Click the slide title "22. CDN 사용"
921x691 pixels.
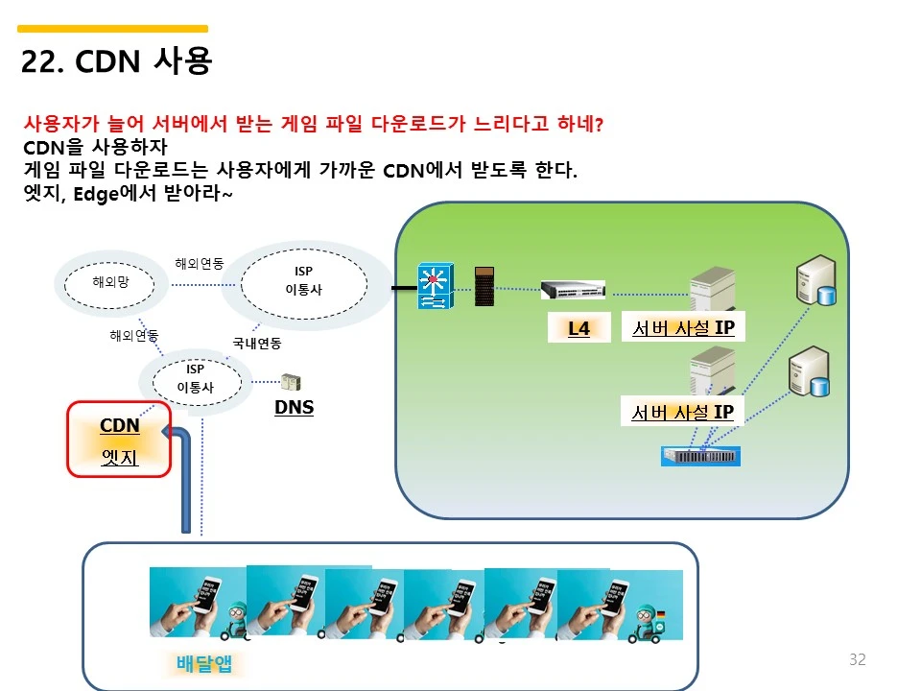pos(116,61)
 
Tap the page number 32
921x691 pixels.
pos(857,659)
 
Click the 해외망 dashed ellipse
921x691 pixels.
pos(110,282)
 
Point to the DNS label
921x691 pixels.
pos(294,407)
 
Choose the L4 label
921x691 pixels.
pos(579,329)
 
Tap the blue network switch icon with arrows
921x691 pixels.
pos(435,285)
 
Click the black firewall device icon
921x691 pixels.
pos(486,286)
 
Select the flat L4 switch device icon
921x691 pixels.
pos(572,289)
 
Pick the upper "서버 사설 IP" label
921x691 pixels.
pos(683,328)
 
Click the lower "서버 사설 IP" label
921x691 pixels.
pos(683,413)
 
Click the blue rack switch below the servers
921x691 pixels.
pos(700,456)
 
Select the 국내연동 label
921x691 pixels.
pos(256,342)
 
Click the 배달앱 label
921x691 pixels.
pos(204,663)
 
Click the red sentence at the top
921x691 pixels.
pos(313,125)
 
